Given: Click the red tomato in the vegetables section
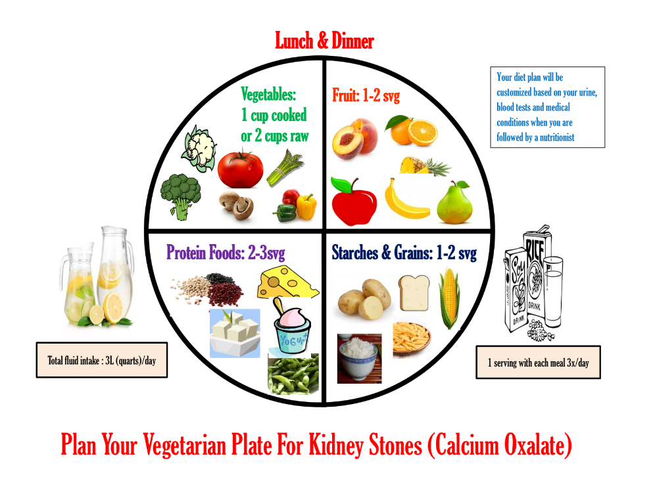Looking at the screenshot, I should tap(240, 169).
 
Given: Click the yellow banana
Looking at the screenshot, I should tap(406, 200).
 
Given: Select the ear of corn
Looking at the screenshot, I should tap(449, 297).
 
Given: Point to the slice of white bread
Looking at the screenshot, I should tap(414, 293).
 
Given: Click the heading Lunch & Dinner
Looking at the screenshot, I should tap(324, 41).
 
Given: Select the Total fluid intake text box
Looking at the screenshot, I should tap(101, 360).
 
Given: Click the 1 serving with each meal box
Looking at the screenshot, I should tap(538, 363).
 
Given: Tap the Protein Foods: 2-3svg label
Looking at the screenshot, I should tap(226, 253).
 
